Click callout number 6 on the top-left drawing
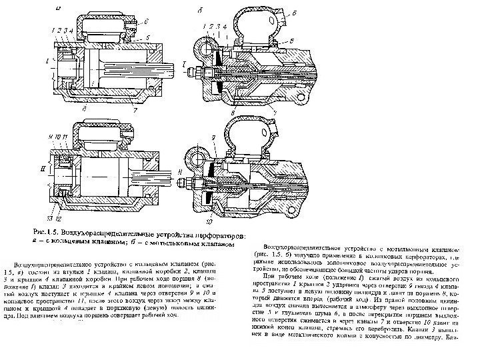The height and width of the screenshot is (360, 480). [x=146, y=21]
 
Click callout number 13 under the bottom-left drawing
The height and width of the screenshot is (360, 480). [x=49, y=218]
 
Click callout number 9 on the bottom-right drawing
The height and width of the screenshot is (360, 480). [x=214, y=138]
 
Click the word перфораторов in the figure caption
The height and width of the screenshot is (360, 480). [x=220, y=233]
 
